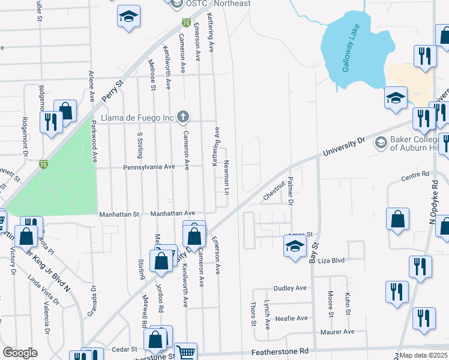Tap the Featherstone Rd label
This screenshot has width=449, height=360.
(281, 350)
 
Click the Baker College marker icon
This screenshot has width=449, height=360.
(380, 143)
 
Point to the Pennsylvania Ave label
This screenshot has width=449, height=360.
(149, 167)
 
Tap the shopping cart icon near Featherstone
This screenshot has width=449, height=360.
(186, 353)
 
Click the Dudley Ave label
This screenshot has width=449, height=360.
(291, 288)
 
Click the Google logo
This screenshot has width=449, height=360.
(20, 353)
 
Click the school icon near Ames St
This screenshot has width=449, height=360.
(294, 247)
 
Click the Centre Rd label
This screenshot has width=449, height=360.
(415, 175)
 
